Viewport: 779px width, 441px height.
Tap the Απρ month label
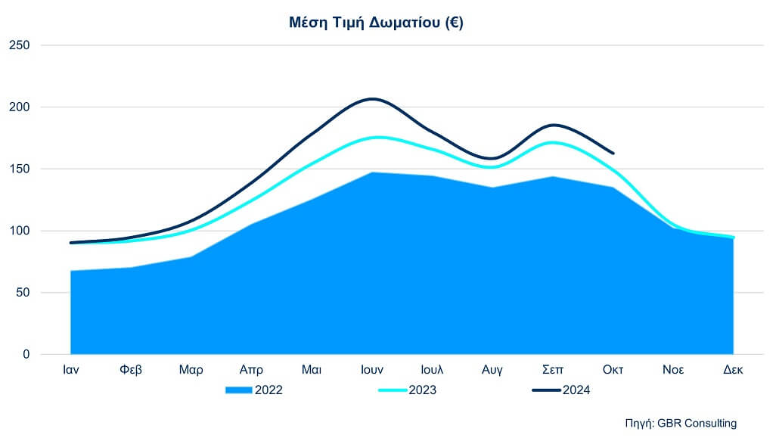[x=251, y=371]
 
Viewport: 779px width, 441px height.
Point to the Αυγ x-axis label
[x=493, y=371]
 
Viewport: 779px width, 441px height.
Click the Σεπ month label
[x=554, y=371]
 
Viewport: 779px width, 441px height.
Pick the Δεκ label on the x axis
[x=733, y=371]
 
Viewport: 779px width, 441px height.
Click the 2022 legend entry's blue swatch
[x=239, y=390]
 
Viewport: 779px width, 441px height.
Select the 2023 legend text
[x=424, y=390]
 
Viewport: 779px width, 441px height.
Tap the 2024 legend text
[x=576, y=390]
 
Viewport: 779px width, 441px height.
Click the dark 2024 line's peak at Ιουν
[x=372, y=99]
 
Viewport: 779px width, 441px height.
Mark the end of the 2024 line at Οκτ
[x=613, y=154]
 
